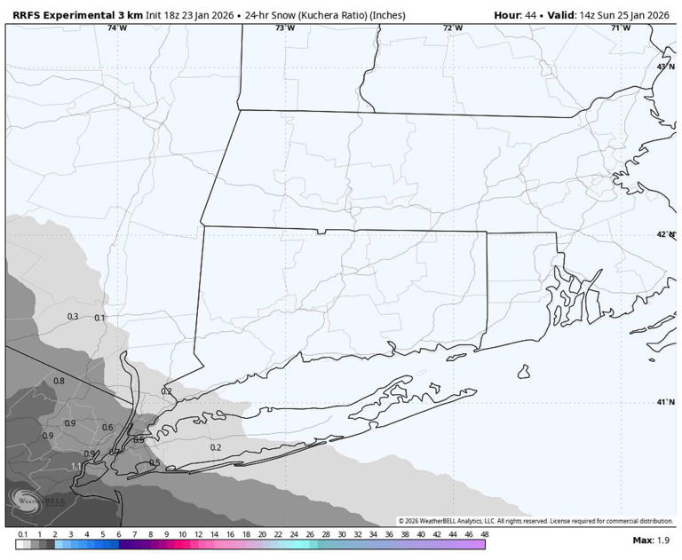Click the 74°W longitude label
point(117,28)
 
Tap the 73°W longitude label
point(284,28)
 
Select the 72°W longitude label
point(453,28)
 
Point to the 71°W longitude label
point(621,28)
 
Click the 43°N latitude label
point(665,67)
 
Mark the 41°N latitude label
point(665,402)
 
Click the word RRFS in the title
point(30,14)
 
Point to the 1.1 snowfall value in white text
point(76,467)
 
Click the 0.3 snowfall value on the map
point(73,317)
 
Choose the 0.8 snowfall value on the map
point(59,381)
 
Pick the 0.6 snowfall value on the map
point(107,428)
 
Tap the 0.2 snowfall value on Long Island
point(215,447)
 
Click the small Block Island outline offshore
point(524,371)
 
